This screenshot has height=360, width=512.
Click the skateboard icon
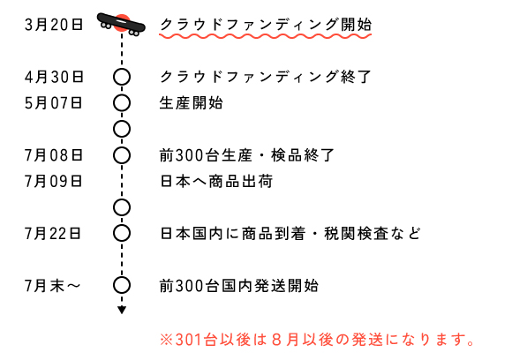pyautogui.click(x=121, y=25)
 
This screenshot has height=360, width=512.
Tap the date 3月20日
pyautogui.click(x=54, y=25)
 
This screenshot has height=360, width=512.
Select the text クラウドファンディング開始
pyautogui.click(x=266, y=25)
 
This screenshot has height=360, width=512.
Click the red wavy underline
pyautogui.click(x=266, y=35)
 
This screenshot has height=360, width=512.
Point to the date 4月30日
pyautogui.click(x=54, y=77)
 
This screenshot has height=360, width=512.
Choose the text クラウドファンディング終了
pyautogui.click(x=266, y=77)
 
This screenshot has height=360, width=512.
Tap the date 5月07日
pyautogui.click(x=53, y=103)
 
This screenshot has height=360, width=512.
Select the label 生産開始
pyautogui.click(x=192, y=103)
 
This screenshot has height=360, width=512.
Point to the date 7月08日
pyautogui.click(x=54, y=155)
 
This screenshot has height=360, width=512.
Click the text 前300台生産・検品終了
pyautogui.click(x=247, y=155)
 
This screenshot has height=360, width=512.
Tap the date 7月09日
pyautogui.click(x=54, y=182)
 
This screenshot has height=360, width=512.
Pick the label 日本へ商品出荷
pyautogui.click(x=216, y=182)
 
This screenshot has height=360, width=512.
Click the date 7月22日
pyautogui.click(x=53, y=234)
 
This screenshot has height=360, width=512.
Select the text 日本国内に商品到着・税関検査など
pyautogui.click(x=290, y=234)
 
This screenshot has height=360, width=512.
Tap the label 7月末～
pyautogui.click(x=53, y=286)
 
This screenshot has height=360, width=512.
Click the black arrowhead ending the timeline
pyautogui.click(x=122, y=310)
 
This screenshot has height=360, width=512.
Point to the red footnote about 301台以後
pyautogui.click(x=317, y=340)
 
